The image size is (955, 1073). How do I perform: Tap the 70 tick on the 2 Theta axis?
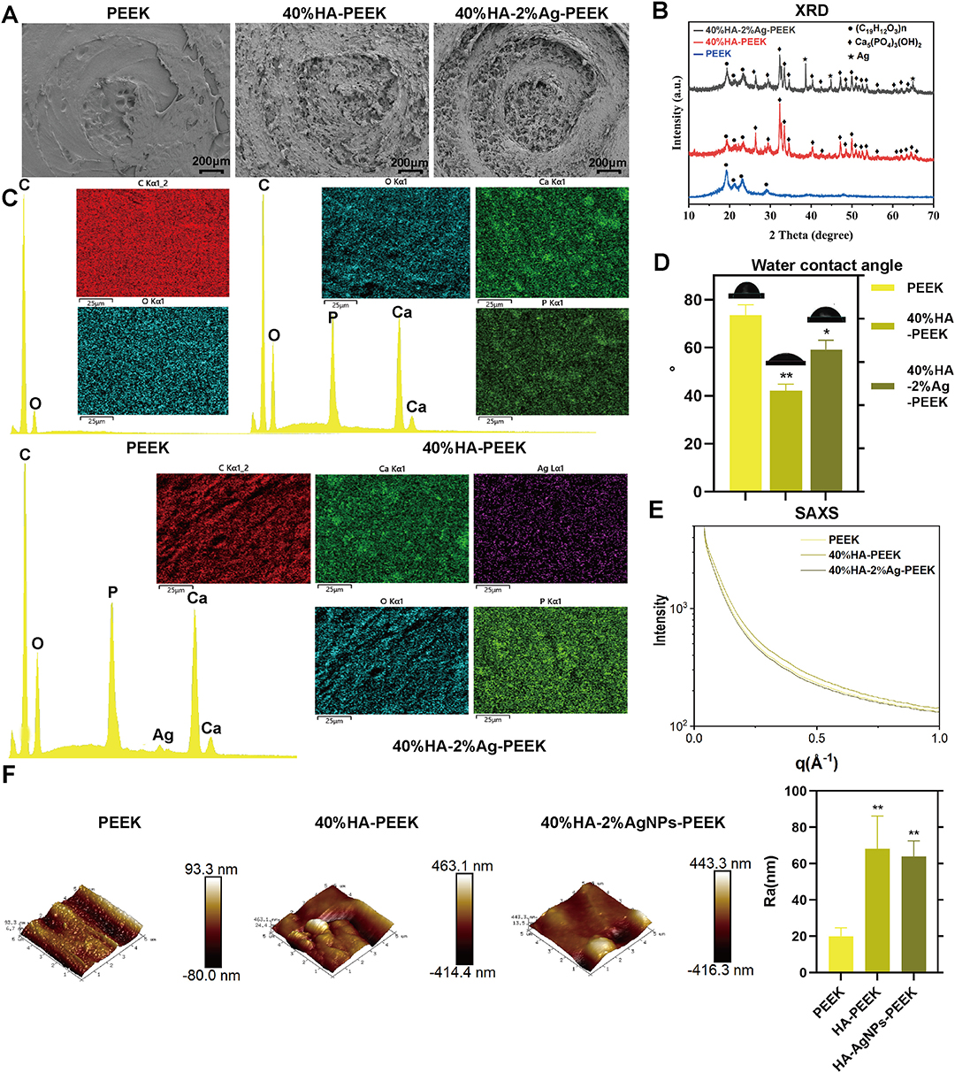933,215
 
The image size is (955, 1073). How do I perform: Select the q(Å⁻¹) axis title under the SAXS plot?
810,763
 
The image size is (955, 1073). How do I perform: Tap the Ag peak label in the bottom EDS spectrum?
163,735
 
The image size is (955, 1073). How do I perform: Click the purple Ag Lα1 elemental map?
550,528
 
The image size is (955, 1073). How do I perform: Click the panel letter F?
10,776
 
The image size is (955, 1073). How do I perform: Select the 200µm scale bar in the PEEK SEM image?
210,165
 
